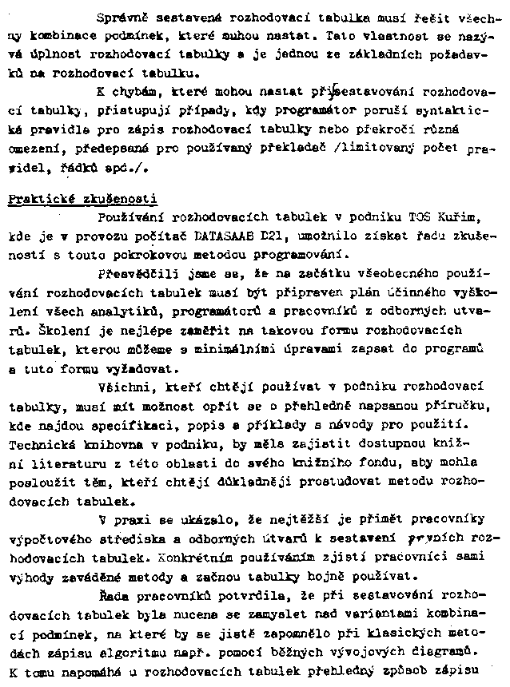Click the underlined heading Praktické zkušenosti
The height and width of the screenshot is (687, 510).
[x=83, y=199]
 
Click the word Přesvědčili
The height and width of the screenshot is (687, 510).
[x=132, y=274]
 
